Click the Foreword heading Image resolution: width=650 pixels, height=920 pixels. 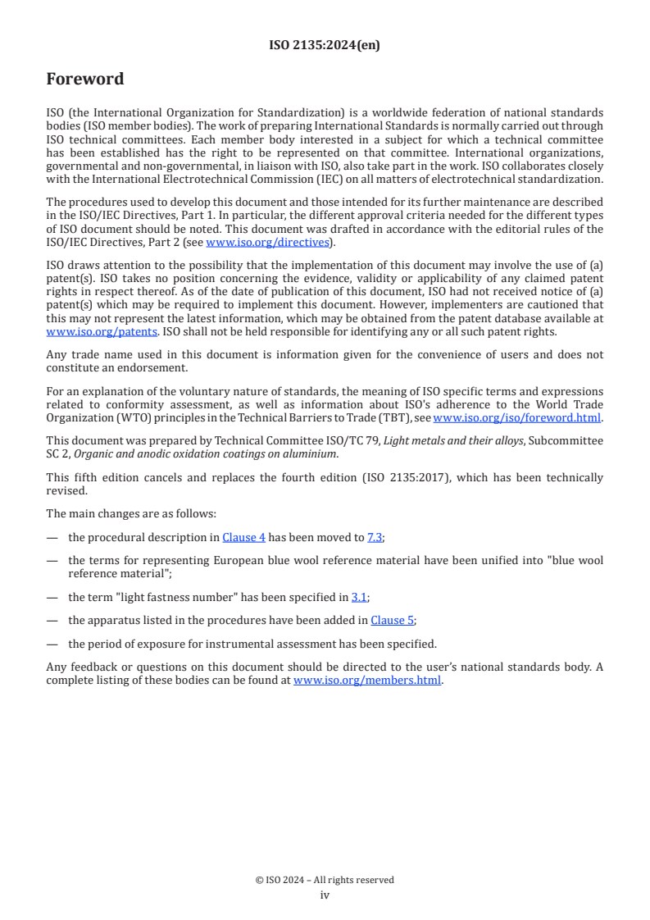[x=85, y=80]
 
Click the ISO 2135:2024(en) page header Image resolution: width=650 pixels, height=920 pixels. [x=325, y=46]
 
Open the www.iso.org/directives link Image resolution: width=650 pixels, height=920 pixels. [x=266, y=242]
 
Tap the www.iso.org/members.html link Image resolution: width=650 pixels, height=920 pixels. [x=367, y=680]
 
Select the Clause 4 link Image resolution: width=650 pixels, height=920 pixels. [x=243, y=537]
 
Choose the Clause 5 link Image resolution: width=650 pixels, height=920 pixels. [x=392, y=621]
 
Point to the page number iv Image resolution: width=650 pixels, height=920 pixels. [x=325, y=895]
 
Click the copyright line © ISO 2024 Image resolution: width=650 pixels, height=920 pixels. [x=325, y=880]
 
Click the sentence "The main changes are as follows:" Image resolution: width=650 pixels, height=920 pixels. [x=131, y=513]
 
